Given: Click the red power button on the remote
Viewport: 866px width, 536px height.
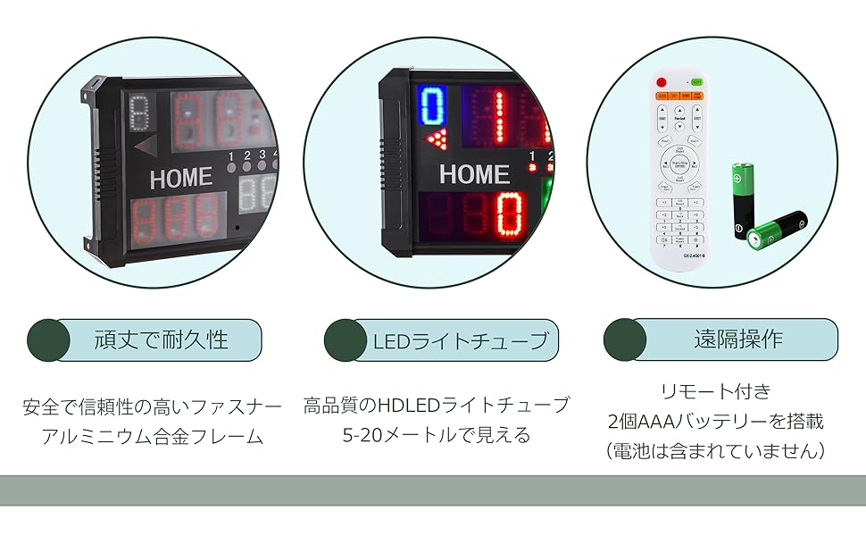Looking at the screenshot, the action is pyautogui.click(x=662, y=82).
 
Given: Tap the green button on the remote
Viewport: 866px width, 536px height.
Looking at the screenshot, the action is pyautogui.click(x=696, y=82).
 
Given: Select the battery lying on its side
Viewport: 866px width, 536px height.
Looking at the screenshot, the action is pyautogui.click(x=777, y=230).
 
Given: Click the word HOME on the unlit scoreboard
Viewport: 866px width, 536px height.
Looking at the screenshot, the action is pyautogui.click(x=180, y=178).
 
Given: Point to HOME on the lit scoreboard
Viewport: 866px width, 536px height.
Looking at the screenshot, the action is pyautogui.click(x=474, y=174).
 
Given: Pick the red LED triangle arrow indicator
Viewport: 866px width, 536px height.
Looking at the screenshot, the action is pyautogui.click(x=437, y=138).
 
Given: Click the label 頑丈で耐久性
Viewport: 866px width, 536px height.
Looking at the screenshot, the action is pyautogui.click(x=162, y=339).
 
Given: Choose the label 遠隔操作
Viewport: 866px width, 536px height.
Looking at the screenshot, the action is pyautogui.click(x=738, y=339).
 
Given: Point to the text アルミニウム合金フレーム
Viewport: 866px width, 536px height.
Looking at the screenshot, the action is pyautogui.click(x=153, y=437).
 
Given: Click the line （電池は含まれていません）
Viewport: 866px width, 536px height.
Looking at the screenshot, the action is pyautogui.click(x=714, y=451).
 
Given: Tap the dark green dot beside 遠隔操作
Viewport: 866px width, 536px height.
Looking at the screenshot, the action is pyautogui.click(x=625, y=339).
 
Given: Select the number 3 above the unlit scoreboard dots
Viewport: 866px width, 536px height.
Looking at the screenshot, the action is pyautogui.click(x=262, y=155).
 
